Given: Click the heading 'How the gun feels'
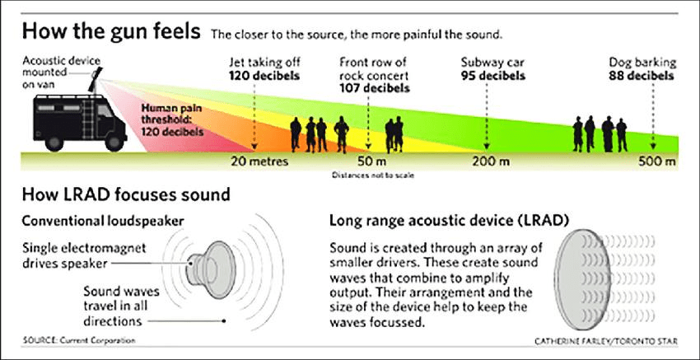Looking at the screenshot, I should point(110,34).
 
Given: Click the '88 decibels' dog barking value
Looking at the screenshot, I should point(642,76).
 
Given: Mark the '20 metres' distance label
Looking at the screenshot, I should point(259,161).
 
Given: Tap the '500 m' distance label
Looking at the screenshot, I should point(656,161).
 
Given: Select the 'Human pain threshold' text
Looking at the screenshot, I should point(171,119).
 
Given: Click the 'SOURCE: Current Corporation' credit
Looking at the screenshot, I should point(78,340).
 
